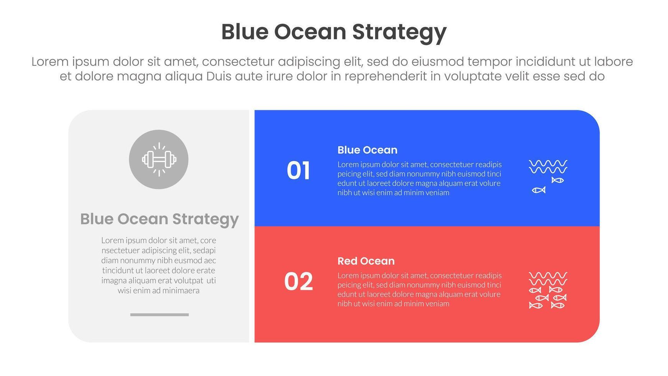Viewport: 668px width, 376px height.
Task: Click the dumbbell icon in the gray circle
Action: tap(159, 159)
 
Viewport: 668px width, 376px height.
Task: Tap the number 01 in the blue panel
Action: tap(298, 170)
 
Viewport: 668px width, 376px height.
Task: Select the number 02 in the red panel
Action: tap(298, 282)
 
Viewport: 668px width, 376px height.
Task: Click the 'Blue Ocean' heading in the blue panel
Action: tap(367, 150)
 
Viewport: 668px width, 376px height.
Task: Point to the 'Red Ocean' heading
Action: tap(366, 261)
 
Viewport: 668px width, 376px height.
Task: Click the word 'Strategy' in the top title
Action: tap(399, 32)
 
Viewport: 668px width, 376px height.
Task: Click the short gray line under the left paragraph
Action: tap(159, 315)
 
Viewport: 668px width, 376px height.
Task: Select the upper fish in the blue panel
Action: tap(557, 180)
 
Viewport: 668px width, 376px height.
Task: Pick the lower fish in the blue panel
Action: tap(539, 190)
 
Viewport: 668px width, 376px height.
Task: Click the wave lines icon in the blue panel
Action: tap(548, 167)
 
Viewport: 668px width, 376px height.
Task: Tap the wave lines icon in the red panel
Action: tap(548, 278)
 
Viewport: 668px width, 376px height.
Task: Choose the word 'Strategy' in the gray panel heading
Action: tap(205, 219)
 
